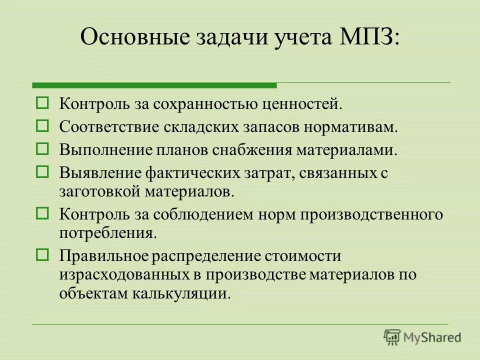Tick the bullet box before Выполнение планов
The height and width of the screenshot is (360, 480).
click(x=42, y=149)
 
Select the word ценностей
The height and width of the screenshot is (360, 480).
click(x=299, y=104)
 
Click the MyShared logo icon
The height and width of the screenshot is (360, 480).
click(x=393, y=337)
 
